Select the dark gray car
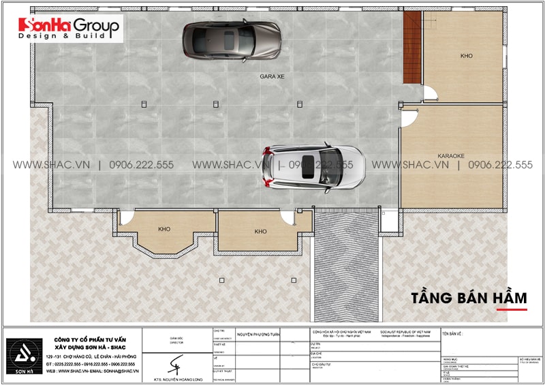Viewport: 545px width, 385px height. (x=232, y=40)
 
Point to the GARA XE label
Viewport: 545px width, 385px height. (x=272, y=77)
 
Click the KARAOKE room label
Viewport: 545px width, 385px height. (x=450, y=156)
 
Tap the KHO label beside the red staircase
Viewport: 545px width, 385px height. (x=466, y=56)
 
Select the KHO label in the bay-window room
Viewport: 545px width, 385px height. (x=164, y=229)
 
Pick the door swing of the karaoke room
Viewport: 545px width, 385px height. (x=408, y=119)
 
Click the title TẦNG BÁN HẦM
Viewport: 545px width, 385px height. (x=469, y=298)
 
